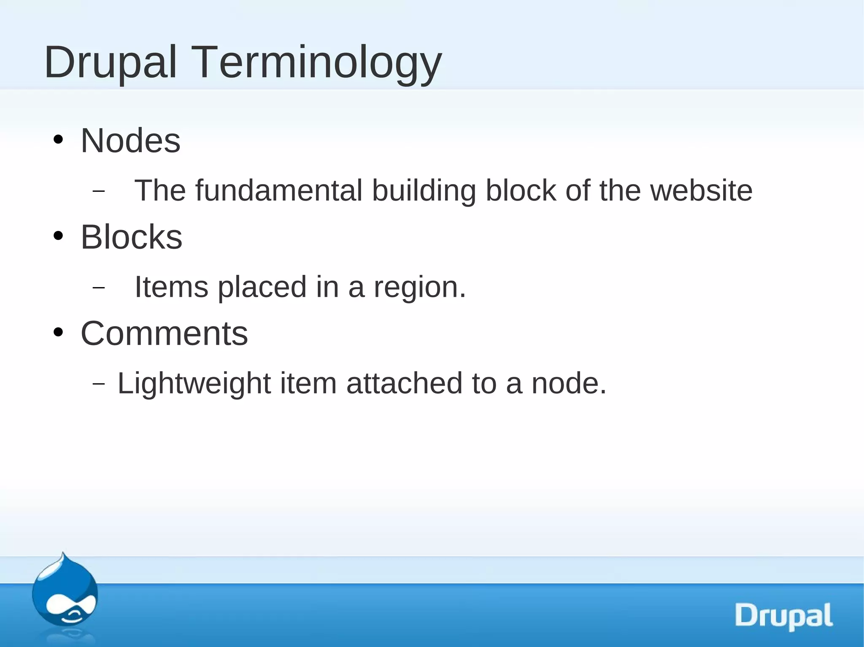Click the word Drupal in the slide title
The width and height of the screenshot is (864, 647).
tap(111, 63)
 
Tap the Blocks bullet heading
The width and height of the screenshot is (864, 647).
tap(131, 237)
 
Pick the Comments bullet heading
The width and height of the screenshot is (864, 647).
tap(164, 333)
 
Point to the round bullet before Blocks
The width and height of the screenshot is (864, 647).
tap(58, 236)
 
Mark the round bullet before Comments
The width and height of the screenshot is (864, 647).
tap(58, 333)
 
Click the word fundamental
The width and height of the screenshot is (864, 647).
tap(278, 191)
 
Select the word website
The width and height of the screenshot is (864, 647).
tap(701, 191)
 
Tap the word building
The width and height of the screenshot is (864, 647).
tap(424, 191)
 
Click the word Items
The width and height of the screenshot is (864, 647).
tap(171, 287)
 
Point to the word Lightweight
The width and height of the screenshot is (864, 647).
tap(194, 384)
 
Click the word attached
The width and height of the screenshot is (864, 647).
tap(404, 384)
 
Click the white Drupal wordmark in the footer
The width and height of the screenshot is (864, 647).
tap(783, 616)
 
